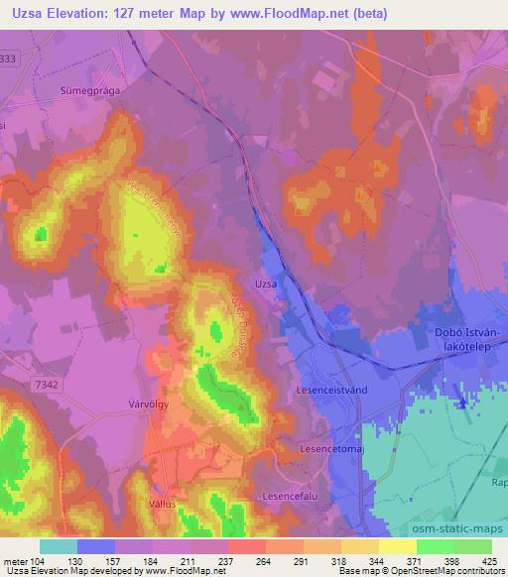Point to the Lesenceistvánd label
pyautogui.click(x=332, y=391)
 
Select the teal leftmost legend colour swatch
pyautogui.click(x=58, y=546)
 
